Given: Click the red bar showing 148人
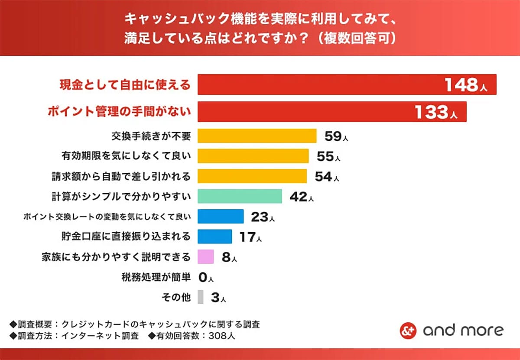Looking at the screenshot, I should coord(347,84).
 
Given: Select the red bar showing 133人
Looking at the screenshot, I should coord(331,112).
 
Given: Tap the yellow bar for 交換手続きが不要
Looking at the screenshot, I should coord(257,136).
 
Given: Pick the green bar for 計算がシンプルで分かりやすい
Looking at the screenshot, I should coord(240,196).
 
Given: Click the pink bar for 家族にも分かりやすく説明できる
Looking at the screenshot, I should coord(206,257).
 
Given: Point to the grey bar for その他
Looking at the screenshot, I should coord(200,297).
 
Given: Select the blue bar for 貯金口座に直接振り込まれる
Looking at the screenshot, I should coord(214,237).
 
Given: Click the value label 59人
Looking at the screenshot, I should coord(336,136).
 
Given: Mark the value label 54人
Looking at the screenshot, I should coord(326,177).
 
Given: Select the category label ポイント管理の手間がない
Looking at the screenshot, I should coord(119,112).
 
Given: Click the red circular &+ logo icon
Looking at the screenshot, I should coord(408,331).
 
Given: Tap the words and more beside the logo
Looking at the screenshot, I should coord(463,331).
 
